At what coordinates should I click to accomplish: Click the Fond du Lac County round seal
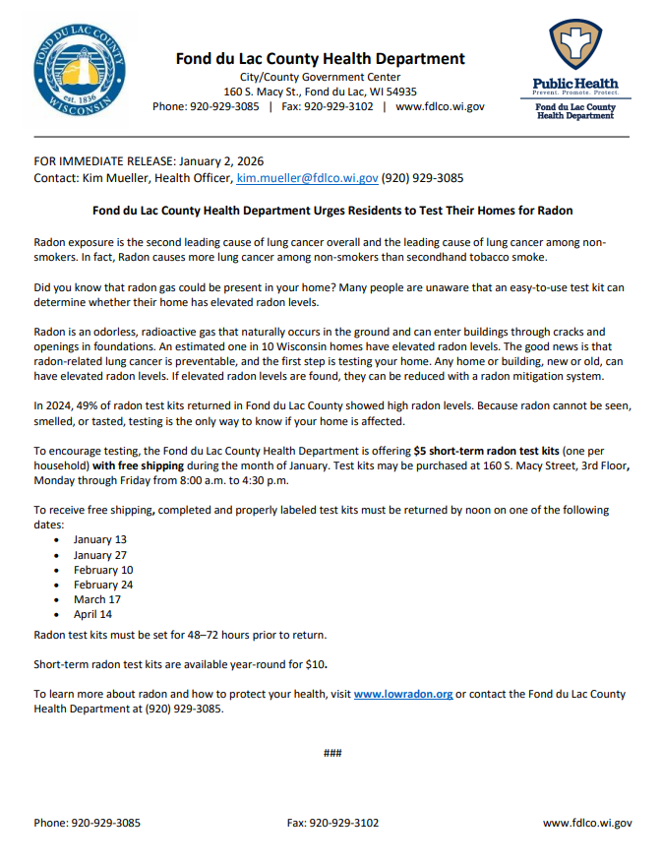point(79,72)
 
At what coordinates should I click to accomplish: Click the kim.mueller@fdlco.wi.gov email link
point(307,178)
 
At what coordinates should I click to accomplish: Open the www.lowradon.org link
point(403,694)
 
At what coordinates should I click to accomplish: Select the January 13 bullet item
point(99,539)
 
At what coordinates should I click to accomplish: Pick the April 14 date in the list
point(92,614)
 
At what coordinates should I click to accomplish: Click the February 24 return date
point(103,585)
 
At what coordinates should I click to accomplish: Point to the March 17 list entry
point(96,599)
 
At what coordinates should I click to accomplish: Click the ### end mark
point(331,753)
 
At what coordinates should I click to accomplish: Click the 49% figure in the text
point(84,404)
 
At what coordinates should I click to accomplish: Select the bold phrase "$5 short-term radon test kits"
point(488,450)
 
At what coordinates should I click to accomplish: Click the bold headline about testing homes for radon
point(331,211)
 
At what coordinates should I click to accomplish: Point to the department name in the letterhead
point(320,59)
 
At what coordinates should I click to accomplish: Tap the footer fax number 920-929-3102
point(332,823)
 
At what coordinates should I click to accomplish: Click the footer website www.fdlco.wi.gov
point(587,823)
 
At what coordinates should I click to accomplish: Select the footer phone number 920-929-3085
point(87,823)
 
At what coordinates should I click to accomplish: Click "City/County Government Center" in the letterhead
point(320,77)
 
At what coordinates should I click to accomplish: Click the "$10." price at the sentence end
point(314,664)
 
